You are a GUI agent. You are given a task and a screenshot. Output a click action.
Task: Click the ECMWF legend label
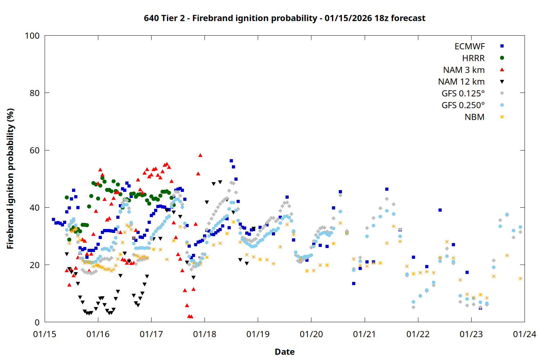coord(469,46)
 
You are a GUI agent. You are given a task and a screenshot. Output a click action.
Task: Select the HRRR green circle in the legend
coord(502,58)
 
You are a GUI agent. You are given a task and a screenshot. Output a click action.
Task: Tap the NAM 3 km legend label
coord(464,70)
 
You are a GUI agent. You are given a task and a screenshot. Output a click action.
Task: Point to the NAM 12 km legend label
coord(461,82)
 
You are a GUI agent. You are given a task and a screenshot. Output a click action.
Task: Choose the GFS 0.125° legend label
coord(463,94)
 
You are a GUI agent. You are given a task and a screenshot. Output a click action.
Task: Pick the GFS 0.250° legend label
coord(463,105)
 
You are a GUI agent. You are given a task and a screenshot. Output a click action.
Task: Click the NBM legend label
coord(474,117)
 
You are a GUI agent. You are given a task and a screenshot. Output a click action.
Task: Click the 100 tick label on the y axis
coord(32,36)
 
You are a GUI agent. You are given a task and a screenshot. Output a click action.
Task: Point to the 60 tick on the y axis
coord(35,150)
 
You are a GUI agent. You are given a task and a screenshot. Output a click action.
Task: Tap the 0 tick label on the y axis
coord(37,323)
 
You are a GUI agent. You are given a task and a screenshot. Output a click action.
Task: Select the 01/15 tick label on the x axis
coord(45,334)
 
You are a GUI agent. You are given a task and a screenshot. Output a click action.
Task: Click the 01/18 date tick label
coord(204,334)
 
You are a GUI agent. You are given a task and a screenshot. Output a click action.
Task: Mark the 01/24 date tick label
coord(525,334)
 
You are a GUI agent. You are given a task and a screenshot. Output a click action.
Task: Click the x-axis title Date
coord(284,352)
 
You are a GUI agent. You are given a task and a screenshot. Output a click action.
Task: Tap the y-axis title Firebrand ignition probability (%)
coord(10,179)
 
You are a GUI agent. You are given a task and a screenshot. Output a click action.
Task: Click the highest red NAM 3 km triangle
coord(200,155)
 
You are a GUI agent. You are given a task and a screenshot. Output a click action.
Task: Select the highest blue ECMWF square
coord(231,161)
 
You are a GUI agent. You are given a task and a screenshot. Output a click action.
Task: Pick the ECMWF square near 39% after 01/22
coord(440,210)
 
